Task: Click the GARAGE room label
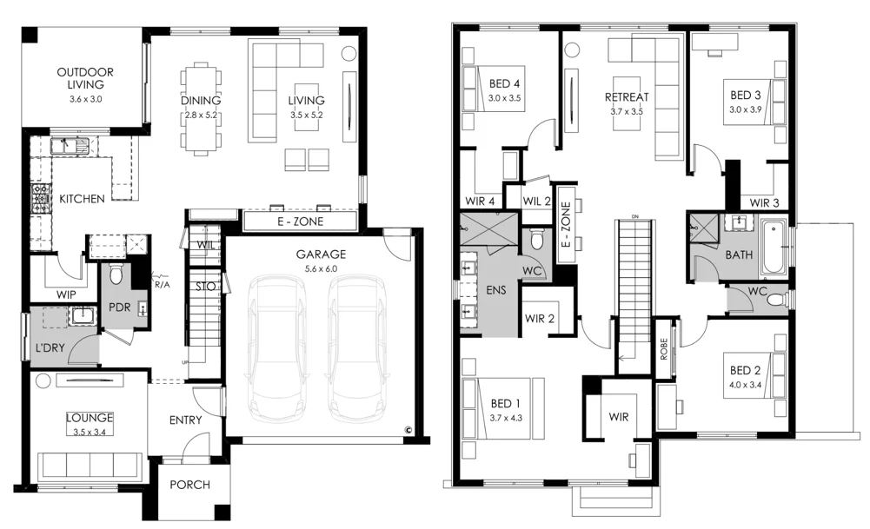pyautogui.click(x=321, y=255)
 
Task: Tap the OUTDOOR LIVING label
pyautogui.click(x=85, y=78)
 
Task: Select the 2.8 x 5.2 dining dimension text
pyautogui.click(x=202, y=115)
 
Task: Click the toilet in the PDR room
pyautogui.click(x=120, y=277)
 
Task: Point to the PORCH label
pyautogui.click(x=189, y=485)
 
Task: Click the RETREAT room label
pyautogui.click(x=627, y=97)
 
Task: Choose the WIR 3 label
pyautogui.click(x=766, y=202)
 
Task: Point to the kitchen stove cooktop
pyautogui.click(x=39, y=200)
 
